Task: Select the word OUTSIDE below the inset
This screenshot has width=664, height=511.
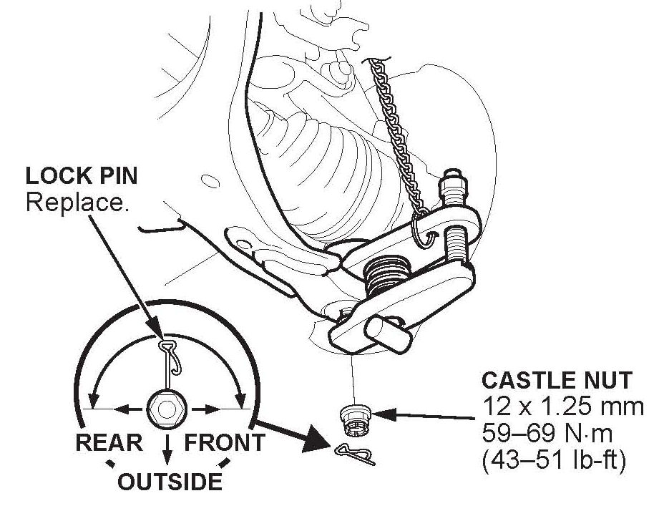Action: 169,481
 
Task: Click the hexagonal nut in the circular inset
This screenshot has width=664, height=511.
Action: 166,409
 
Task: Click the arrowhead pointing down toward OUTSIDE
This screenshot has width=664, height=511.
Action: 167,459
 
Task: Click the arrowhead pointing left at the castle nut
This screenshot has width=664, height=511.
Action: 377,413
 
